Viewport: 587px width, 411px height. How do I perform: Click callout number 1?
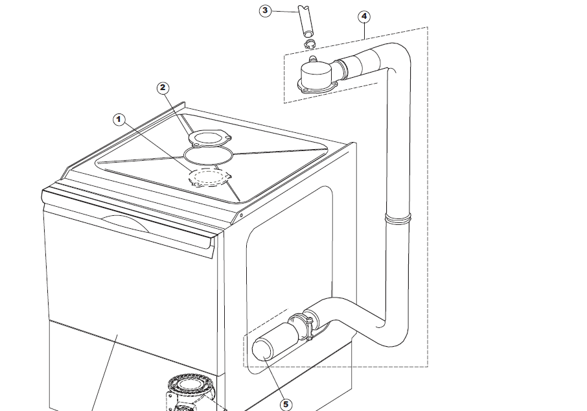[118, 119]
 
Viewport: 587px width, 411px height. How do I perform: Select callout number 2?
[163, 88]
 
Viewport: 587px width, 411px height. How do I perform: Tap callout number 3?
[265, 11]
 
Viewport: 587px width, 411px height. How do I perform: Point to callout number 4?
[364, 16]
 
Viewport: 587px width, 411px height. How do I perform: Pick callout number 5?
[286, 403]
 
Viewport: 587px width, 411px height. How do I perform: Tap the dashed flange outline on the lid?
[208, 178]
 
